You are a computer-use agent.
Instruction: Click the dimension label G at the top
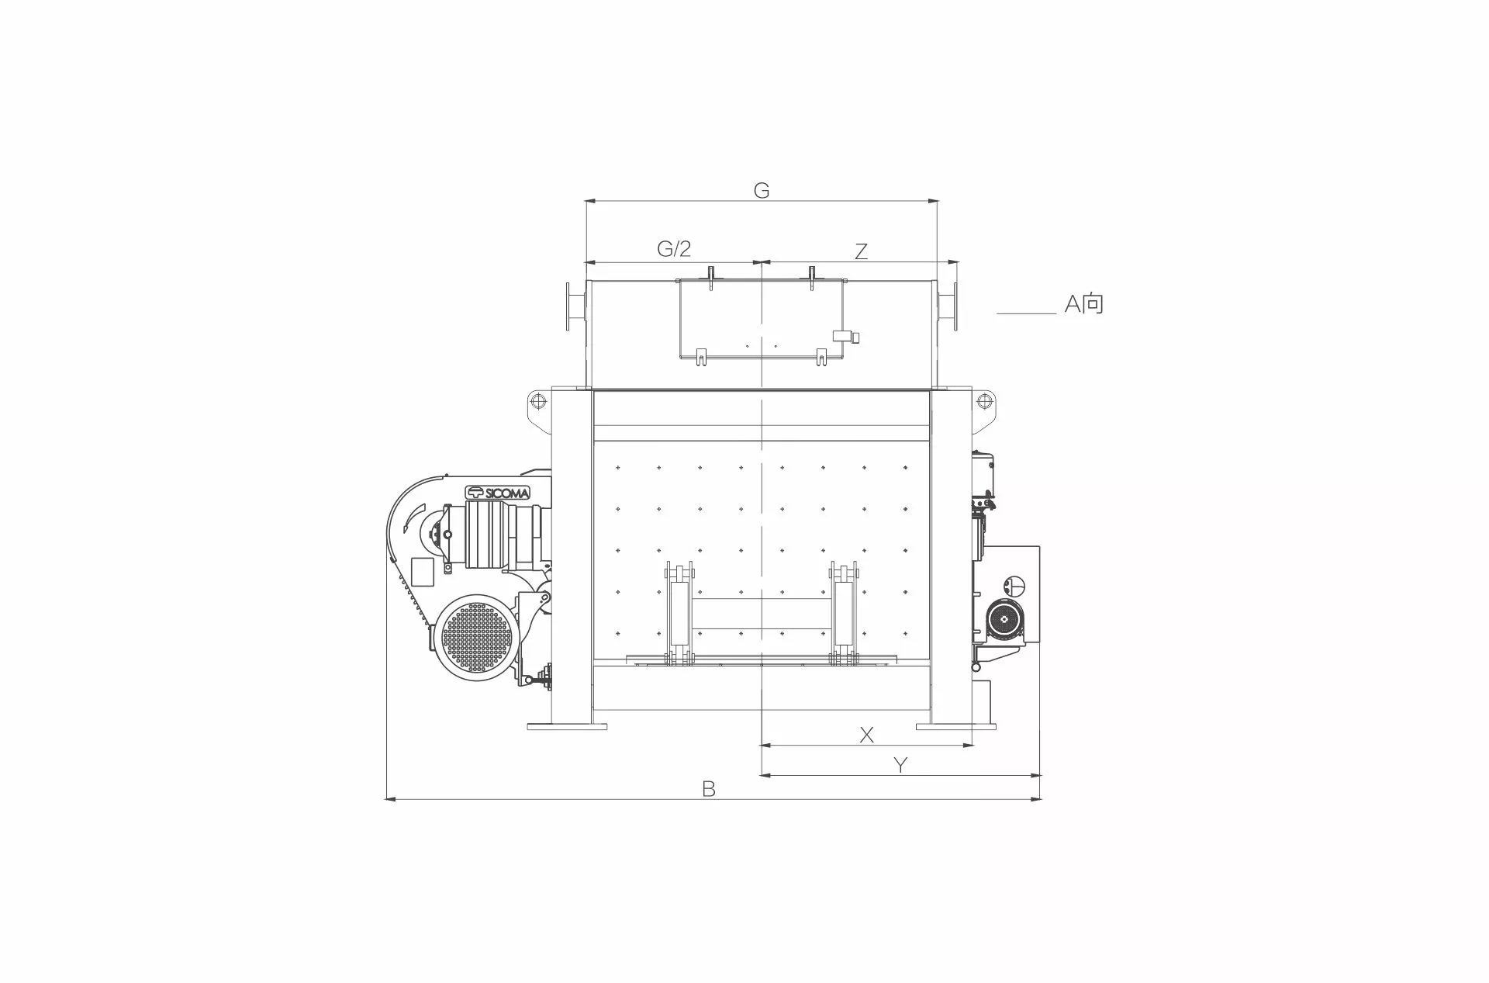[762, 190]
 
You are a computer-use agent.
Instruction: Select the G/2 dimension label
[674, 248]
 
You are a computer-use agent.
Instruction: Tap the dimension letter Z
[861, 251]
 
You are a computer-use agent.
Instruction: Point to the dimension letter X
[867, 734]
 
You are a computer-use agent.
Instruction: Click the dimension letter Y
[900, 765]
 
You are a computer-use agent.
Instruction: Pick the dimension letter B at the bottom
[708, 789]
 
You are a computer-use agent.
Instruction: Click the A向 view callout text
[1083, 303]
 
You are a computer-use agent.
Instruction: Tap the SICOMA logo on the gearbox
[497, 492]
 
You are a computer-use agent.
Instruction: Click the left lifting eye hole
[536, 400]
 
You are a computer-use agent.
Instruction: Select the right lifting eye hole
[984, 400]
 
